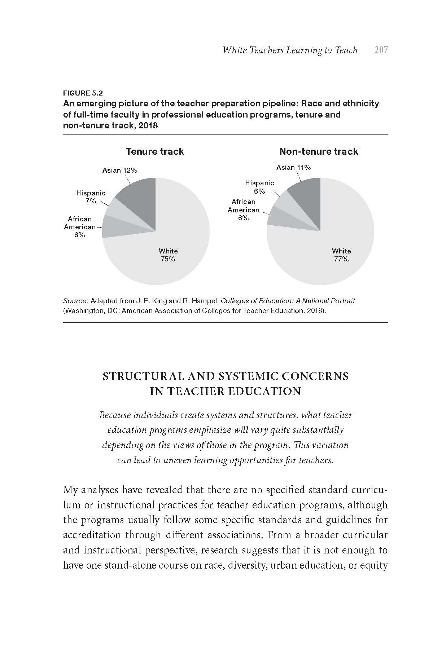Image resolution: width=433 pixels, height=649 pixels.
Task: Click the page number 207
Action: (x=381, y=50)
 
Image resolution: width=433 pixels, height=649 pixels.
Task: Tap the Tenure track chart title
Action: (x=155, y=151)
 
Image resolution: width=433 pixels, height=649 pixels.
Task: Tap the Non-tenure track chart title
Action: (x=319, y=151)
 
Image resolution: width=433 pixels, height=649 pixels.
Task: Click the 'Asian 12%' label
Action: (x=120, y=171)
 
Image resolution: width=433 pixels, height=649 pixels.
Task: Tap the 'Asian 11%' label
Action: (x=293, y=167)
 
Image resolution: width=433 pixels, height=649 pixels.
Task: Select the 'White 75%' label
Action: (x=168, y=255)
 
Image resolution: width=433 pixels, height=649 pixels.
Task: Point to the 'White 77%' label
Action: (x=341, y=255)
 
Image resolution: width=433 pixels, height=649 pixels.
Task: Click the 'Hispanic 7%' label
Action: (x=91, y=197)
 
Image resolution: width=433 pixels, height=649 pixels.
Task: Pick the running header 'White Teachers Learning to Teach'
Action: (x=290, y=50)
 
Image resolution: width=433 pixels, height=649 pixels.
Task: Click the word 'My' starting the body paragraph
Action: (x=70, y=490)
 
